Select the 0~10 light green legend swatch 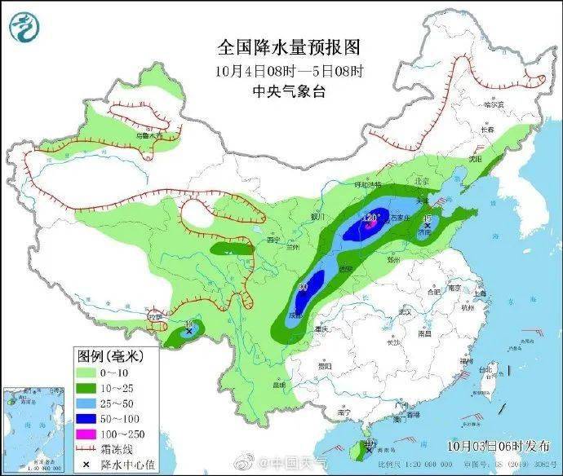pyautogui.click(x=88, y=372)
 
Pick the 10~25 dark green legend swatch pyautogui.click(x=88, y=386)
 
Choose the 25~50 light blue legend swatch pyautogui.click(x=88, y=401)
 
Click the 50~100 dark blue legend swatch pyautogui.click(x=88, y=416)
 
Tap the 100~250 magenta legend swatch pyautogui.click(x=88, y=430)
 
